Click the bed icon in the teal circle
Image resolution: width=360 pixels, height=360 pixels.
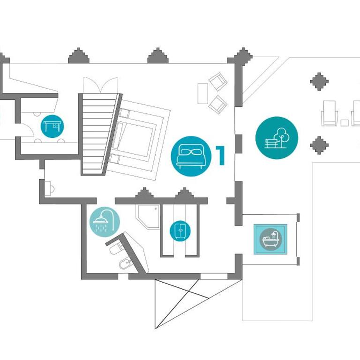point(191,157)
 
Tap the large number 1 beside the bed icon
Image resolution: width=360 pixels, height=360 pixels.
point(220,156)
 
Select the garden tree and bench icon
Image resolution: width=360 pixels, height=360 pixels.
point(277,138)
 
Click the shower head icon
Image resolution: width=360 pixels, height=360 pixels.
point(105,222)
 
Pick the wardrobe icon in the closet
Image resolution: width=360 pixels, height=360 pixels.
point(180,231)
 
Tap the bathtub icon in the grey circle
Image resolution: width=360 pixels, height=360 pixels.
point(270,239)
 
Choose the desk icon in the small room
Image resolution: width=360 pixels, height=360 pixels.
point(52,126)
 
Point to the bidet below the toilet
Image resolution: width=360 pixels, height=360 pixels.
point(125,263)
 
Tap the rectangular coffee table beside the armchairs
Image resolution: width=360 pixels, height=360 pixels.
point(202,93)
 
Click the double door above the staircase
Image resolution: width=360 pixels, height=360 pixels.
point(100,85)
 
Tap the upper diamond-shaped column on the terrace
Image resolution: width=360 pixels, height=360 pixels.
point(319,82)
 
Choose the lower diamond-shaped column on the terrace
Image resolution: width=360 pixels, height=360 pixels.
point(319,145)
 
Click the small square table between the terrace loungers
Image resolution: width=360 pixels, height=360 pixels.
point(345,123)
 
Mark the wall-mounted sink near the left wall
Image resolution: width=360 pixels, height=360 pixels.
point(50,189)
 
